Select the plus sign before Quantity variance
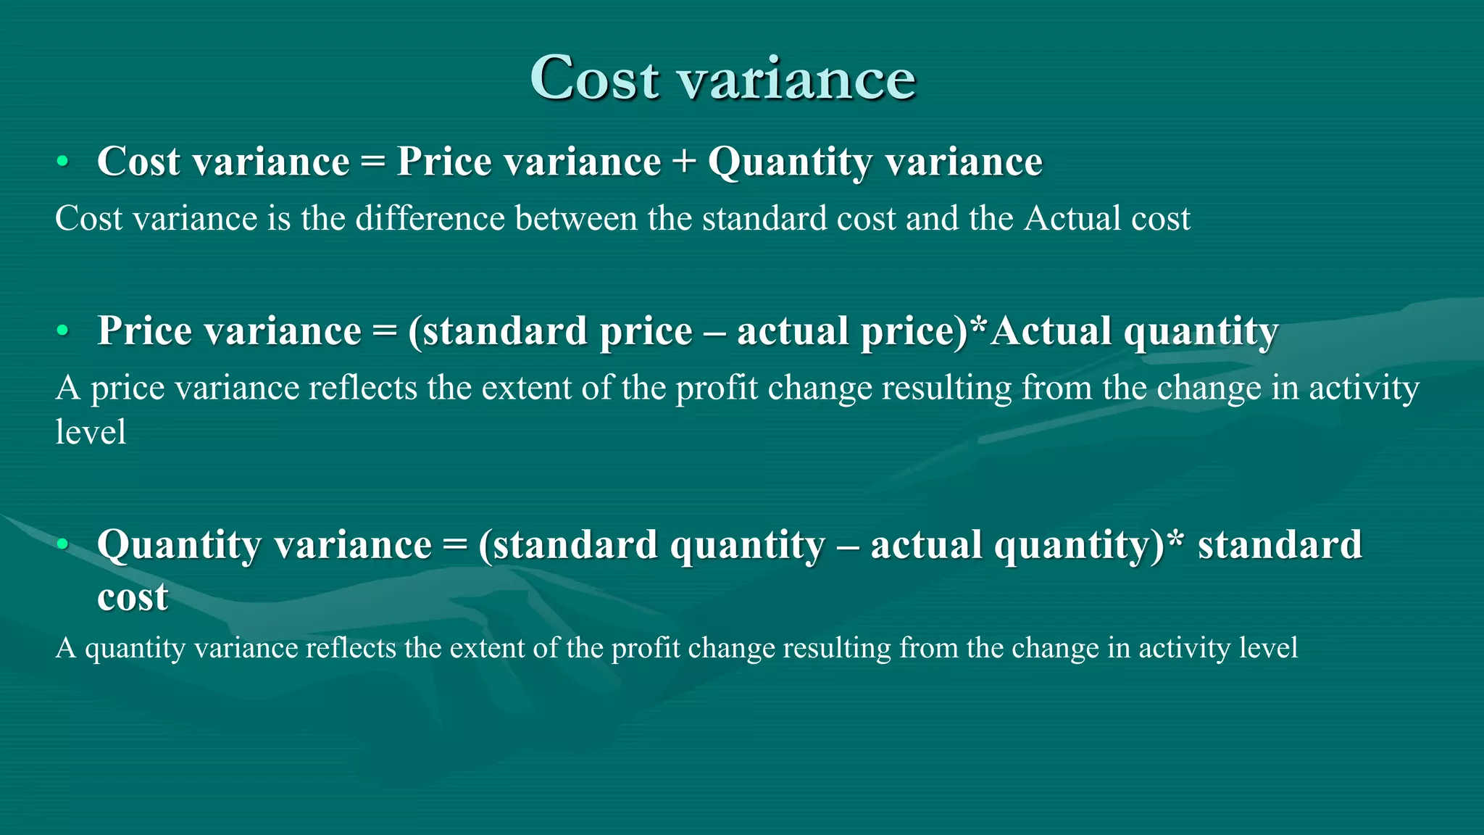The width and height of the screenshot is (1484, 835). [x=683, y=161]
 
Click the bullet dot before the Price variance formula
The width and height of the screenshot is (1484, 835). [x=63, y=331]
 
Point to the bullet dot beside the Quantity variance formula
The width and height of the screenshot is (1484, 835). [x=63, y=544]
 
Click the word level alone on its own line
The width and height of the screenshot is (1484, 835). [x=91, y=432]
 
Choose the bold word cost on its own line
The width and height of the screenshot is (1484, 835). [x=133, y=597]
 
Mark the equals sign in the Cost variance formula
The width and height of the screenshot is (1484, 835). [x=372, y=161]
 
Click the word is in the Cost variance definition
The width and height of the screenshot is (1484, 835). [x=279, y=218]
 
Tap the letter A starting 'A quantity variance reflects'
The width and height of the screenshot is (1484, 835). [x=65, y=648]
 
